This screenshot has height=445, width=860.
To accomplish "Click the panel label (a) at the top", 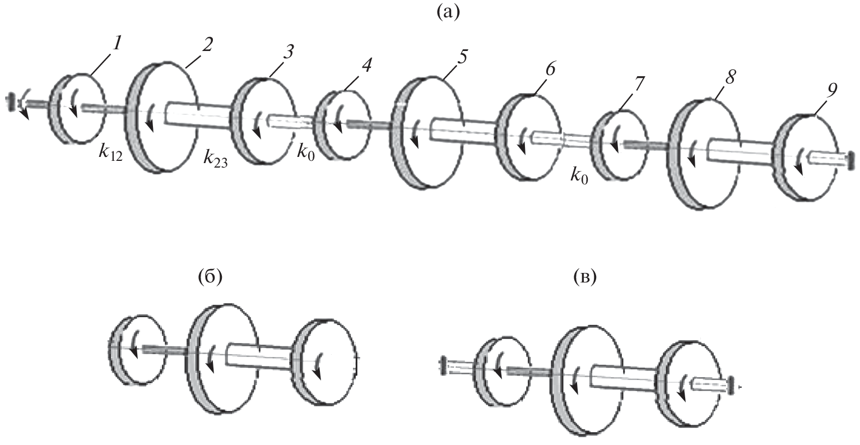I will tap(448, 12).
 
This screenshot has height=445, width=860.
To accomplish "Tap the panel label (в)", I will tap(586, 277).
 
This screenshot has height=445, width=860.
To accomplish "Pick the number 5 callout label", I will tap(462, 57).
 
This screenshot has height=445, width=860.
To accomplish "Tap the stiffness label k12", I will tap(110, 152).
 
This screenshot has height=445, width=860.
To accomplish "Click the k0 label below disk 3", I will tap(305, 152).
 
